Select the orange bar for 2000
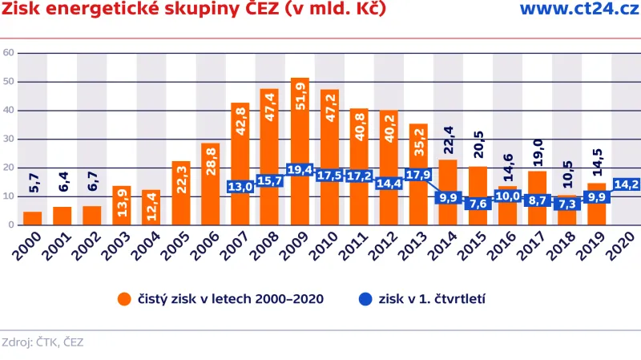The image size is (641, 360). [33, 218]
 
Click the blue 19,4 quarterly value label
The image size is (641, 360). [300, 170]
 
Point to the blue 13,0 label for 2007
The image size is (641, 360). [240, 187]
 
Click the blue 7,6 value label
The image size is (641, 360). [478, 204]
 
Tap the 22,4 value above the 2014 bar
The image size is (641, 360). [448, 141]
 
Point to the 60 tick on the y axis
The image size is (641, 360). [9, 53]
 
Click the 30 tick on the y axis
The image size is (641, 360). [9, 139]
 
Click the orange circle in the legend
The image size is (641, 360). [124, 299]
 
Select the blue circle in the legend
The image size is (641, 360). [365, 299]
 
